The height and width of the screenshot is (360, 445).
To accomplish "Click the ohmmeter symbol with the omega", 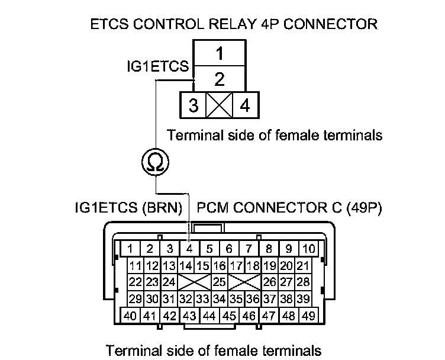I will [x=155, y=161].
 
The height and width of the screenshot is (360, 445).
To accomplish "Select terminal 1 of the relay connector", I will [x=218, y=54].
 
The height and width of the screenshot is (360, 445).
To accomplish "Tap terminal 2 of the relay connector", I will [x=218, y=78].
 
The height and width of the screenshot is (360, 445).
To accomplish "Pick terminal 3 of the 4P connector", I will [x=193, y=106].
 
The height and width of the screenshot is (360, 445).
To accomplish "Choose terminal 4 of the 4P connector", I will [x=244, y=106].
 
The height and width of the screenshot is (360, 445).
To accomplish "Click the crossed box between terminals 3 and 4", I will [x=219, y=106].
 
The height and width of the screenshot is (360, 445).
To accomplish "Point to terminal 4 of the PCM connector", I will [x=189, y=249].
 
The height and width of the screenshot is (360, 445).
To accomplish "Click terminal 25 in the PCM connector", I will [x=219, y=281].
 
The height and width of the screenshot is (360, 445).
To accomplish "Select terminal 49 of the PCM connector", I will [x=308, y=315].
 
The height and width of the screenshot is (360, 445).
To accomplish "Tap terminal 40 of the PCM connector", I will [x=131, y=315].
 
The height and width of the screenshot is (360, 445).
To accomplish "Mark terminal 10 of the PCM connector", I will [x=308, y=249].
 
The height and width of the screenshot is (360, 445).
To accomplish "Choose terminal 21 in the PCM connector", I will [x=303, y=265].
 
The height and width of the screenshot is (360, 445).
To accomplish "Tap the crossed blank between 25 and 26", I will [x=245, y=281].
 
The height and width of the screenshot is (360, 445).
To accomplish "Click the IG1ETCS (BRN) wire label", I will [x=130, y=208].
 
